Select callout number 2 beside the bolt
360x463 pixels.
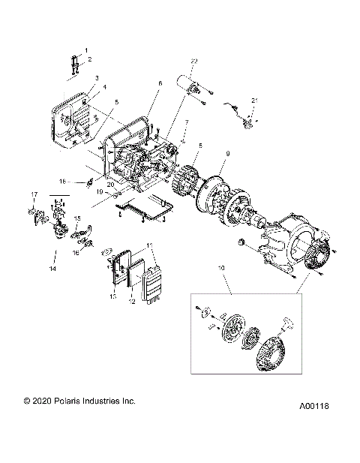89,59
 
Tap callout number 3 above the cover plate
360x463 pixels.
97,79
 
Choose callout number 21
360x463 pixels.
253,100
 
